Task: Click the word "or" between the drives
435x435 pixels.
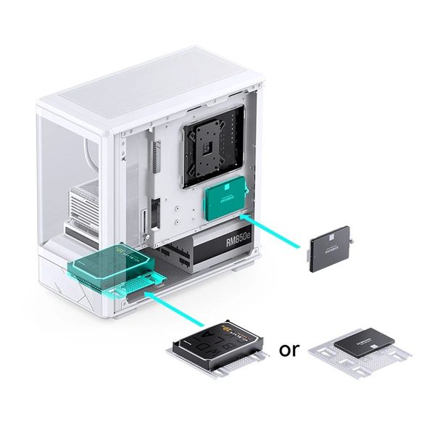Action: [289, 351]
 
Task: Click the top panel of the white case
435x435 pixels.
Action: [145, 94]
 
